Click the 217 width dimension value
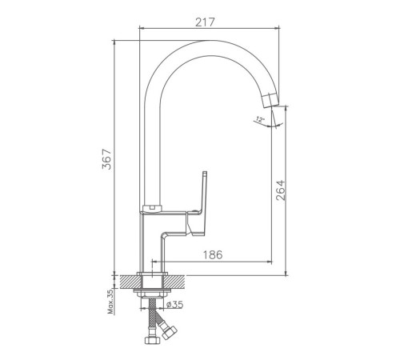[205, 22]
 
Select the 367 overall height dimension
[107, 159]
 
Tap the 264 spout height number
[280, 190]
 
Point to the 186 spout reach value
[213, 255]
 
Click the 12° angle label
[259, 119]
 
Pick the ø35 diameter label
[174, 304]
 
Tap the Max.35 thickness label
[110, 302]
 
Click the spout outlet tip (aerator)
[270, 100]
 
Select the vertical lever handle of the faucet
[203, 191]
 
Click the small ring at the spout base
[152, 208]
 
